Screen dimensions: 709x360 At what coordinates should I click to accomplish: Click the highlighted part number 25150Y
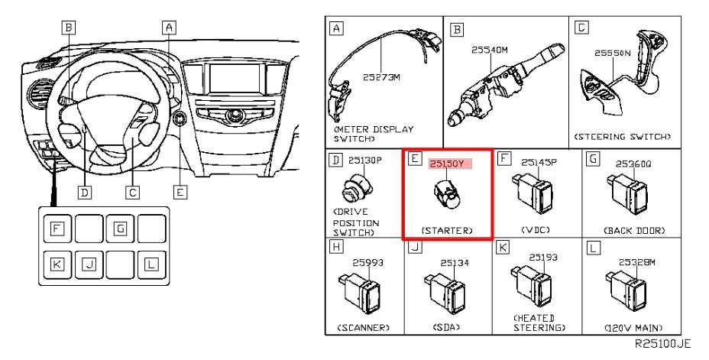pyautogui.click(x=447, y=164)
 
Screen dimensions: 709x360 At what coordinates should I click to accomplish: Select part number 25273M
pyautogui.click(x=381, y=77)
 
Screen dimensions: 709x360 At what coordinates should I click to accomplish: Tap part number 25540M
pyautogui.click(x=489, y=50)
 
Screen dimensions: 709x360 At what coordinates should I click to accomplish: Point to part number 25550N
pyautogui.click(x=612, y=53)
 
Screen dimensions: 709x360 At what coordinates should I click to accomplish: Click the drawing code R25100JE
pyautogui.click(x=663, y=344)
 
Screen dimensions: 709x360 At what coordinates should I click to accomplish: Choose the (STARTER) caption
pyautogui.click(x=447, y=230)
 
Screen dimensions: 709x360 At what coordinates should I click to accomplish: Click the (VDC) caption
pyautogui.click(x=536, y=230)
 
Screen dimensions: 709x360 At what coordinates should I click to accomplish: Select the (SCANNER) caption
pyautogui.click(x=364, y=327)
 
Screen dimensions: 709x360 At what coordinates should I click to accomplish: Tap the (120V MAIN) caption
pyautogui.click(x=633, y=327)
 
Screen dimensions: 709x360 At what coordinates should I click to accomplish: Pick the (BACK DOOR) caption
pyautogui.click(x=634, y=230)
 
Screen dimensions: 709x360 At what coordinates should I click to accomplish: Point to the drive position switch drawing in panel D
pyautogui.click(x=358, y=189)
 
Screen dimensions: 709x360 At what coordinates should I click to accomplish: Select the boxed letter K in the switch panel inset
pyautogui.click(x=57, y=264)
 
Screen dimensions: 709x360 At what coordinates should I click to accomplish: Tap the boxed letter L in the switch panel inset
pyautogui.click(x=151, y=264)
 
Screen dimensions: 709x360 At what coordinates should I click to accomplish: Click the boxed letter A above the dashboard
pyautogui.click(x=169, y=28)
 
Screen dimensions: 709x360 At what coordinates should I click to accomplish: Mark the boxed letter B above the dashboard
pyautogui.click(x=68, y=28)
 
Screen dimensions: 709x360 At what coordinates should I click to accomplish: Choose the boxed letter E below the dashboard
pyautogui.click(x=180, y=192)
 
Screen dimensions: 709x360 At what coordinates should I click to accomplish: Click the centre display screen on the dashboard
pyautogui.click(x=235, y=78)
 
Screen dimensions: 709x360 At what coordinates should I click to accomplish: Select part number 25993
pyautogui.click(x=367, y=263)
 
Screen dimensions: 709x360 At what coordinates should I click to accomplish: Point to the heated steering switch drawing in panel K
pyautogui.click(x=533, y=286)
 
